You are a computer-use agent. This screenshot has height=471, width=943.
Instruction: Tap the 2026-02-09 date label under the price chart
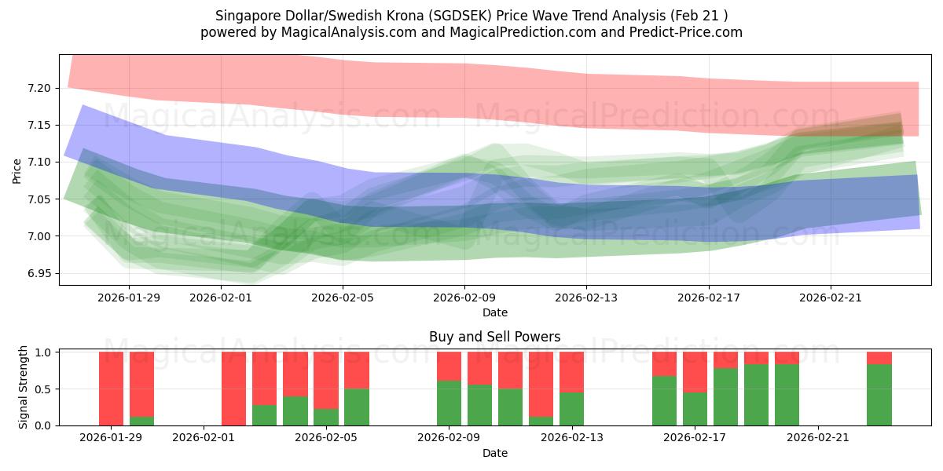click(464, 298)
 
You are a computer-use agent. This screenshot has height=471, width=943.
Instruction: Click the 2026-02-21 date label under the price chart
click(831, 298)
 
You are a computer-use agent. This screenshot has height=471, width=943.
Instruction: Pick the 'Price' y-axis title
click(17, 170)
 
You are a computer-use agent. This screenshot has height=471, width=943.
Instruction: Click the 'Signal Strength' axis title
click(24, 387)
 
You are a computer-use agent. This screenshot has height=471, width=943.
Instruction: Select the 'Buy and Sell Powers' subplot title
click(494, 337)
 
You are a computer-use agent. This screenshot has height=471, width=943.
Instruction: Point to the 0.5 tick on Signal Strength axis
click(43, 389)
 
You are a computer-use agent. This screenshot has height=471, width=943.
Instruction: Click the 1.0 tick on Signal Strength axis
click(43, 352)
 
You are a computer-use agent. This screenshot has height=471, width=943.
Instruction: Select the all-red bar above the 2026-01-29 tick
click(111, 389)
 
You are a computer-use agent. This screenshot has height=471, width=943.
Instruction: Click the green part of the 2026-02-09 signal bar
click(449, 403)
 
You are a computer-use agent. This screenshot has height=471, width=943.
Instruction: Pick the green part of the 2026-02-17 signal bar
click(695, 408)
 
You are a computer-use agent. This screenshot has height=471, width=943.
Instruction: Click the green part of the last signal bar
click(879, 395)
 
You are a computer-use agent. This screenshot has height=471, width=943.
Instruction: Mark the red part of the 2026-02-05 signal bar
click(357, 370)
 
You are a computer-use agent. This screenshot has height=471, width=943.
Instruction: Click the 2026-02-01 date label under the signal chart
click(204, 438)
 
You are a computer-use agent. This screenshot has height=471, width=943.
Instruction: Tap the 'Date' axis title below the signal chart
click(494, 453)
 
